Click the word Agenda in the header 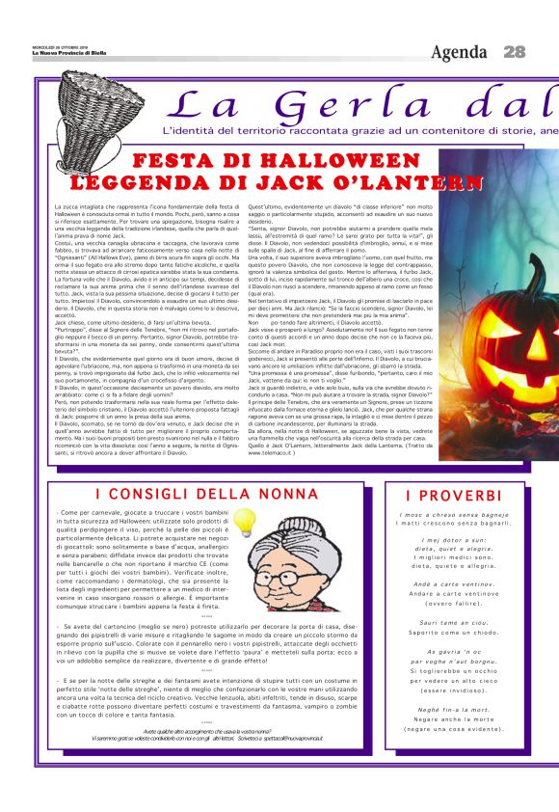[460, 52]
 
